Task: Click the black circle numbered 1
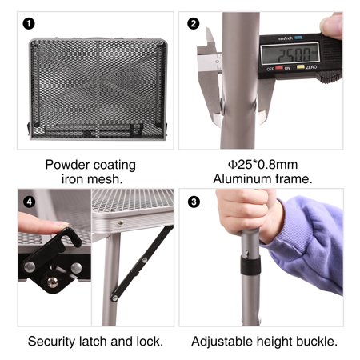29,24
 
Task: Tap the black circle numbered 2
194,24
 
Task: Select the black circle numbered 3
194,202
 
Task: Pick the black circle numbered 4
29,202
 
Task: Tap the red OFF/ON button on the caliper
279,68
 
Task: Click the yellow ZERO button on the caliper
301,66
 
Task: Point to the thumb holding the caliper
331,26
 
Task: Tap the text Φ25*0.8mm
262,165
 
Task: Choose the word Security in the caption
51,342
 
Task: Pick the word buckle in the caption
318,342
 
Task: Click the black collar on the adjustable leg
250,266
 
